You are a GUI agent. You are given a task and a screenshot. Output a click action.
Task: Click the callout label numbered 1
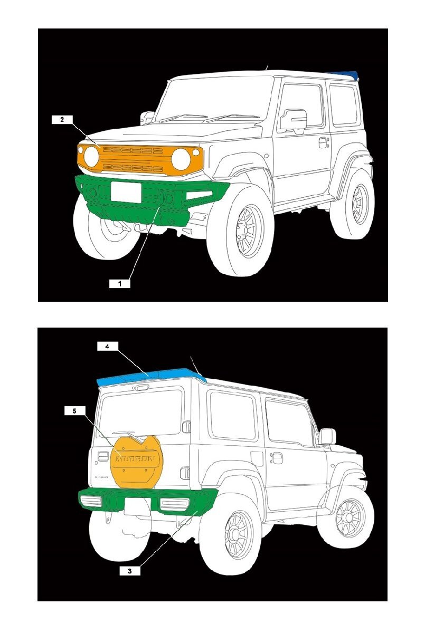(120, 283)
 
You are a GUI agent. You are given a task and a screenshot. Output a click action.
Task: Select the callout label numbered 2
(62, 120)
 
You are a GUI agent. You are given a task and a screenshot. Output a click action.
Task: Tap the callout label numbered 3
(130, 571)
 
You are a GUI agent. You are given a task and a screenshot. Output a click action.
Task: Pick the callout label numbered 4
(107, 347)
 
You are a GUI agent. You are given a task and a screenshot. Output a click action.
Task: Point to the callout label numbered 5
(74, 410)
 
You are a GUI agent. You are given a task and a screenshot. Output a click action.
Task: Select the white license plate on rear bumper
(137, 506)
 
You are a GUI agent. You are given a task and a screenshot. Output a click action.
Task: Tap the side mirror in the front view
(294, 120)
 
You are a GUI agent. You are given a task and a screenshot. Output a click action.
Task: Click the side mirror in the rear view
(327, 436)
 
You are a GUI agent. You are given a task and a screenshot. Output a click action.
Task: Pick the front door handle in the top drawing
(323, 142)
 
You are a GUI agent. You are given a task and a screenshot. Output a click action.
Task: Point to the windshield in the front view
(216, 100)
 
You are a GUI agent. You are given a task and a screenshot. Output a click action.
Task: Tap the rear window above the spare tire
(141, 411)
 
